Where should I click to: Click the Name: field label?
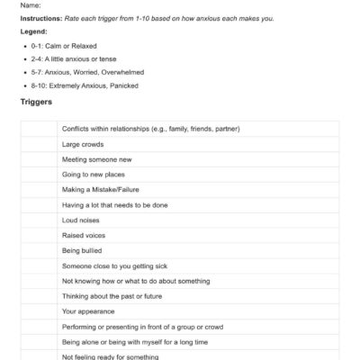tap(31, 4)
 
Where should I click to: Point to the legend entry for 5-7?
tap(86, 70)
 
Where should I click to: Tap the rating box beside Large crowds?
tap(39, 144)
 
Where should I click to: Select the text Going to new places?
tap(94, 175)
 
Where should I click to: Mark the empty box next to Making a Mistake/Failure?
tap(39, 190)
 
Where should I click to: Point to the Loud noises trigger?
tap(81, 220)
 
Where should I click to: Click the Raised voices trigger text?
tap(84, 236)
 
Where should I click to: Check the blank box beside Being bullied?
tap(39, 251)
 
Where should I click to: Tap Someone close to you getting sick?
tap(115, 266)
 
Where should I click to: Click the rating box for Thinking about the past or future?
tap(39, 296)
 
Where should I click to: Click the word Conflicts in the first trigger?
tap(77, 129)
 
